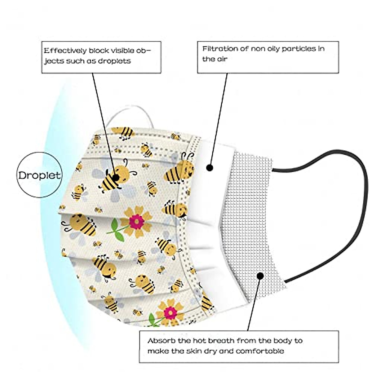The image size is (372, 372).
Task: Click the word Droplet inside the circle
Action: pos(39,175)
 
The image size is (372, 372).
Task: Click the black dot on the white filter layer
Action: pos(210,168)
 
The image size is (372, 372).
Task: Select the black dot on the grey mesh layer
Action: pos(260,276)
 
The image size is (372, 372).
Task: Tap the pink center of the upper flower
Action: pos(135,221)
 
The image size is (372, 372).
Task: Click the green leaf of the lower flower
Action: pos(152,319)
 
